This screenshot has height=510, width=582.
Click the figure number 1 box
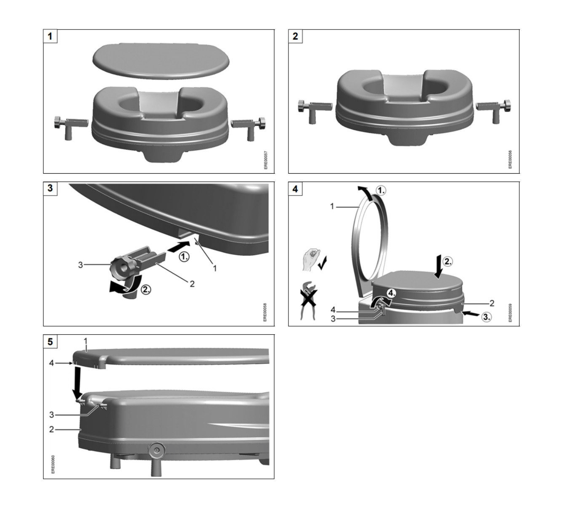[50, 36]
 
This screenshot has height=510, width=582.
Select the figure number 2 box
[295, 36]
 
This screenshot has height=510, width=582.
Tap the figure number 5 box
[50, 341]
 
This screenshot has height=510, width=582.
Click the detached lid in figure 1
[161, 60]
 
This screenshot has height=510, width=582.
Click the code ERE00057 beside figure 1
[266, 160]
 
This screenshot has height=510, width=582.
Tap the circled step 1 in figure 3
[184, 256]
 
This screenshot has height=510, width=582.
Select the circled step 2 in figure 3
[145, 290]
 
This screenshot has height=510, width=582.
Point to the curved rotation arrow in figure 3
[122, 285]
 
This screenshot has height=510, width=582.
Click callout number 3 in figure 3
[81, 265]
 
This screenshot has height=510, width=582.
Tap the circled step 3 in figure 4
[486, 317]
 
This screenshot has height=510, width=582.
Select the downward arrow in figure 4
[438, 267]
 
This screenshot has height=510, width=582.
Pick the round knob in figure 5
[156, 451]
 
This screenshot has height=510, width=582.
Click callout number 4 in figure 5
[52, 363]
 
